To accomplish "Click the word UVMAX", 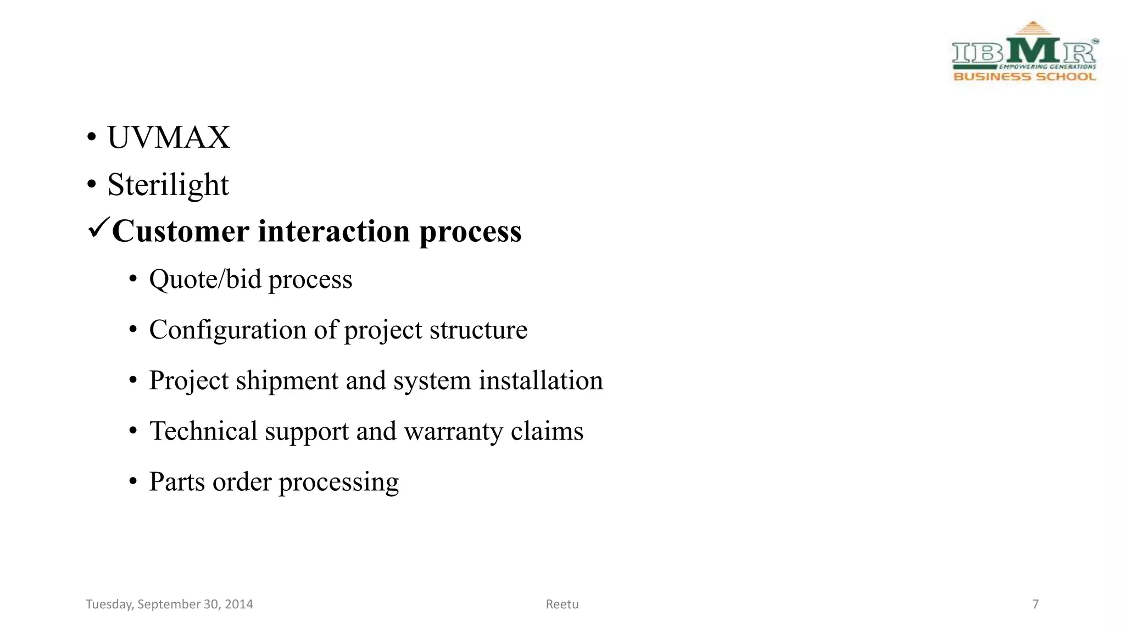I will tap(168, 137).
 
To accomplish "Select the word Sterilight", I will tap(168, 185).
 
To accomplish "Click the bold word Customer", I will tap(181, 231).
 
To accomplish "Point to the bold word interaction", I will tap(334, 231).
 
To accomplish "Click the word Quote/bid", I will tap(205, 279).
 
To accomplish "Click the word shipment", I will tap(287, 380).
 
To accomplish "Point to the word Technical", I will tap(203, 431).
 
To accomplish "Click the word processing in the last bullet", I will tap(338, 482).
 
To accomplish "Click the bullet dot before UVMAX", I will tap(91, 137).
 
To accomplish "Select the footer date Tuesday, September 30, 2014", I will tap(169, 604).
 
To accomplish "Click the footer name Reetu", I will tap(562, 604).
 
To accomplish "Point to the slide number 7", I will tap(1035, 604).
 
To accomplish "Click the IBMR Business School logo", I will tap(1024, 52).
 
